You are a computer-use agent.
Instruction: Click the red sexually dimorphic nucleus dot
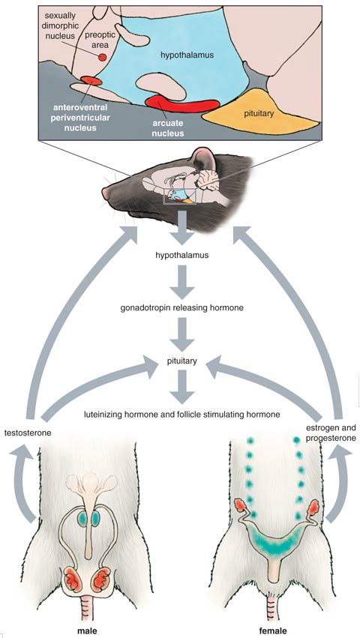[x=103, y=58]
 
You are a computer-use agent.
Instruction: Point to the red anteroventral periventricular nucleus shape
[x=91, y=80]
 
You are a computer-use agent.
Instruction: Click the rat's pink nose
[x=106, y=193]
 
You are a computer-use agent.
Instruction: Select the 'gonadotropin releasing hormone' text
[x=181, y=308]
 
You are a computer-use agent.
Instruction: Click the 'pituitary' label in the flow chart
[x=181, y=361]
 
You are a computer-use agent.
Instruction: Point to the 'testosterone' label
[x=27, y=433]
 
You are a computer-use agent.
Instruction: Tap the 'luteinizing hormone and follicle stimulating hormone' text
[x=181, y=415]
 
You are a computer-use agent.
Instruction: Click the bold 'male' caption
[x=88, y=631]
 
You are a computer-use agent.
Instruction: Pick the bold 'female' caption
[x=273, y=631]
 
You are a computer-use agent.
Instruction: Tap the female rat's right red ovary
[x=313, y=508]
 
